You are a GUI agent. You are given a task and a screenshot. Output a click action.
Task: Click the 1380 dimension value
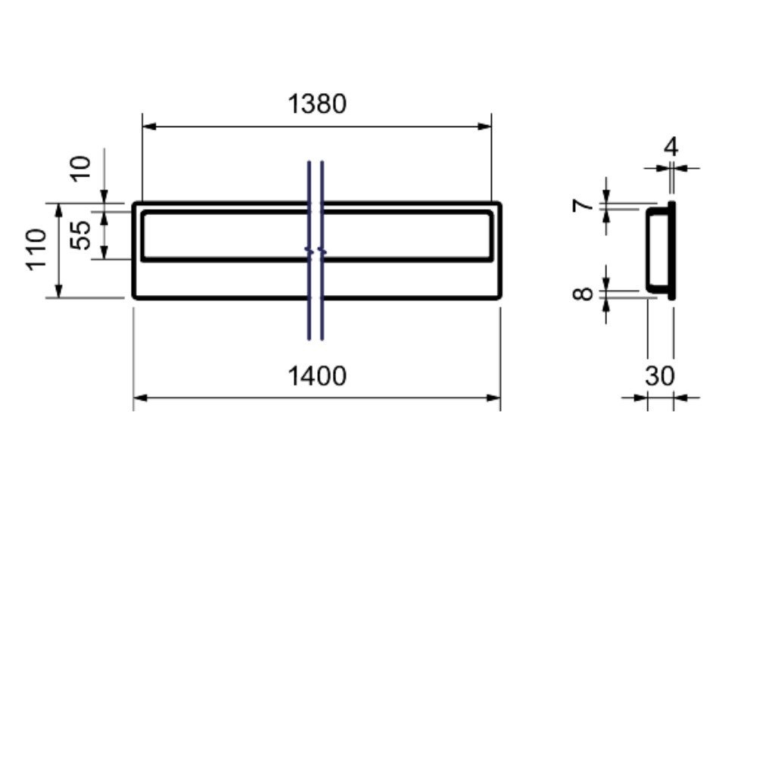tap(317, 104)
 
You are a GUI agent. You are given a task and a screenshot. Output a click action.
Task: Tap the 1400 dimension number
tap(317, 376)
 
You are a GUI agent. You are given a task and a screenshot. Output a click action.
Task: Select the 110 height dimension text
tap(36, 250)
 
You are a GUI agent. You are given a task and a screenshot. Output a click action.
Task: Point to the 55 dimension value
tap(80, 235)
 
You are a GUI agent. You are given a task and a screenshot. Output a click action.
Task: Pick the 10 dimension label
tap(80, 169)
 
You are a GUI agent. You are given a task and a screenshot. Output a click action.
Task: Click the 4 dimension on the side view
tap(671, 147)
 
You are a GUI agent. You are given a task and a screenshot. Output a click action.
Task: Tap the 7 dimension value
tap(584, 204)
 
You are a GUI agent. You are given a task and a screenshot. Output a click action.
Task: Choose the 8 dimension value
tap(584, 294)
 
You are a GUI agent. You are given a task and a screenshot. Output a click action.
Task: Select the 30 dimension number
tap(659, 376)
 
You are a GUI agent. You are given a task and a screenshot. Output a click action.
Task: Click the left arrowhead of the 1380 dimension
tap(149, 126)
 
